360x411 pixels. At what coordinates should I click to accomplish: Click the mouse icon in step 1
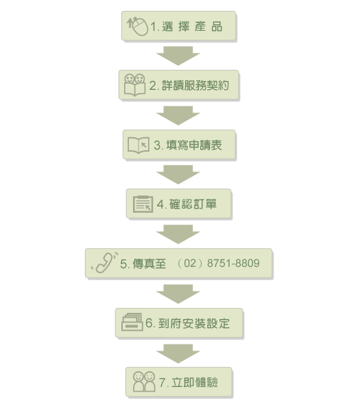click(138, 26)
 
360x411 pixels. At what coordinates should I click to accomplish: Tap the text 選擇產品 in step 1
click(192, 27)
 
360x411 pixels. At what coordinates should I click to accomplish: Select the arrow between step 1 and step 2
click(178, 56)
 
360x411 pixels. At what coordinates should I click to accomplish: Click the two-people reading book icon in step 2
click(134, 85)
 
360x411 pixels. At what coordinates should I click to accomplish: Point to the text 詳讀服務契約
click(195, 86)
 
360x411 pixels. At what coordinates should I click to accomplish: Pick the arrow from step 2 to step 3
click(178, 115)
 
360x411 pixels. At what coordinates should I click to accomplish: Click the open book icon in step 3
click(139, 145)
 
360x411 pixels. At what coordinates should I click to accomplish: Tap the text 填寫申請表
click(194, 145)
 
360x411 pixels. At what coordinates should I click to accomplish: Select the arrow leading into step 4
click(178, 174)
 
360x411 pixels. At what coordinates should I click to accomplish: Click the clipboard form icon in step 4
click(143, 204)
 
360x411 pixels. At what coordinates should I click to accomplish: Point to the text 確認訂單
click(193, 204)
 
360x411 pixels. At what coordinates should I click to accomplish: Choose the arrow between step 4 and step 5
click(178, 235)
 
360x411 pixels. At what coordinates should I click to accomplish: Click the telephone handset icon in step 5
click(105, 263)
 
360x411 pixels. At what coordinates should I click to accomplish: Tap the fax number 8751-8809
click(233, 263)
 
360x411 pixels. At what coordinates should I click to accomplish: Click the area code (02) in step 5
click(190, 263)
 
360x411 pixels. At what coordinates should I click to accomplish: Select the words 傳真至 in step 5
click(149, 263)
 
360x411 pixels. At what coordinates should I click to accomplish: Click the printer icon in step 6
click(132, 322)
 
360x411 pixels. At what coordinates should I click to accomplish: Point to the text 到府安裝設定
click(194, 323)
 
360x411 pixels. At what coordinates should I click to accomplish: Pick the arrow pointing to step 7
click(178, 353)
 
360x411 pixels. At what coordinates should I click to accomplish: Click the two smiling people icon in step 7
click(144, 381)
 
